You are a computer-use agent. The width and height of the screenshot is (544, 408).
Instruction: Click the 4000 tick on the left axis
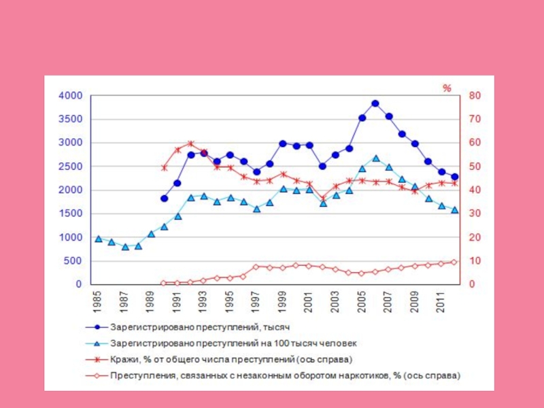coord(69,96)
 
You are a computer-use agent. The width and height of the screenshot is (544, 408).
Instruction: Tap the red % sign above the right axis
coord(447,88)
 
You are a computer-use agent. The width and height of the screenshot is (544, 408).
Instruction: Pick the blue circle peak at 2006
coord(375,103)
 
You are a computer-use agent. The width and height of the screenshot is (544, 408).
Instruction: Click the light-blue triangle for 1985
coord(99,239)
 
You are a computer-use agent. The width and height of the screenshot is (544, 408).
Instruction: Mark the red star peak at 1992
coord(190,143)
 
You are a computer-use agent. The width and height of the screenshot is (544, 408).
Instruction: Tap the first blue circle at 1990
coord(164,199)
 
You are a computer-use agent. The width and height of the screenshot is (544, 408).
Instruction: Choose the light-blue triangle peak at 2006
coord(375,158)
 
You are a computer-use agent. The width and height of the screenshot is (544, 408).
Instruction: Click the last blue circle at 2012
coord(455,177)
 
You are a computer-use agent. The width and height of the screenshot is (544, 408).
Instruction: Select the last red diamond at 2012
coord(455,262)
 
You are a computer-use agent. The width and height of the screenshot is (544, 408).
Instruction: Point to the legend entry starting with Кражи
coord(231,358)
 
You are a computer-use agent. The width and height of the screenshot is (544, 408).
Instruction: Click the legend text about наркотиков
coord(286,375)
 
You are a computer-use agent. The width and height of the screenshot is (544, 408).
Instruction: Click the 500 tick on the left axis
coord(73,261)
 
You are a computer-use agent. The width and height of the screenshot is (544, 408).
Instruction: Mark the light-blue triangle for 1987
coord(125,247)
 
